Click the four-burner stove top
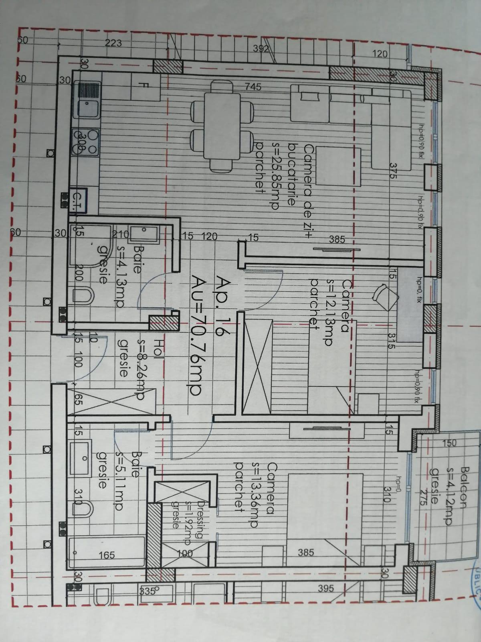[85, 142]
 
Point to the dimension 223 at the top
[113, 43]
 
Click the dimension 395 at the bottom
[326, 589]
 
